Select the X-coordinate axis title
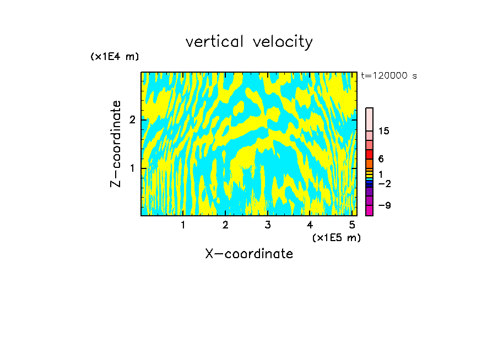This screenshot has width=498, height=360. (x=249, y=254)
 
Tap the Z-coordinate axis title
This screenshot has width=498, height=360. (x=116, y=144)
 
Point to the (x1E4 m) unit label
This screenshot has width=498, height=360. (x=115, y=57)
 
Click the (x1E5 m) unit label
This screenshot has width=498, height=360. (x=336, y=238)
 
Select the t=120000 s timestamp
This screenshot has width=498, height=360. (x=389, y=75)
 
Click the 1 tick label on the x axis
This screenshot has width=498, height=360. (x=183, y=225)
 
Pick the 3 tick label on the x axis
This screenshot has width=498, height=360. (x=268, y=225)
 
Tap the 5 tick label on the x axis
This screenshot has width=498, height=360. (x=352, y=225)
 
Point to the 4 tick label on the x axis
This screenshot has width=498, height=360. (x=310, y=225)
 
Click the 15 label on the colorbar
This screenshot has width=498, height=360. (x=384, y=131)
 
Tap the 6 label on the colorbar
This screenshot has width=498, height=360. (x=381, y=159)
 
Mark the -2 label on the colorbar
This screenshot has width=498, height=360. (x=385, y=183)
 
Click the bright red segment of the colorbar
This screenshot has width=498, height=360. (x=369, y=154)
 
